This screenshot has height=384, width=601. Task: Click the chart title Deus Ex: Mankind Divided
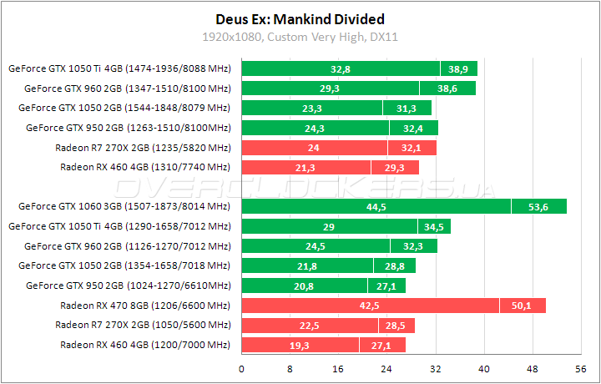pos(300,18)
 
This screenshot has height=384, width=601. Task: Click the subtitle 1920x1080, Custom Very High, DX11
pos(300,36)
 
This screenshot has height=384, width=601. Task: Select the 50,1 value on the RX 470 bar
pos(523,306)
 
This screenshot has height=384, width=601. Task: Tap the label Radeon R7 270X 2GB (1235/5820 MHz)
pos(142,148)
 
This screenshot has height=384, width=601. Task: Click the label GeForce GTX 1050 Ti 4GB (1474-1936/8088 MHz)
pos(119,68)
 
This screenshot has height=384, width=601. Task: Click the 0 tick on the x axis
pos(242,368)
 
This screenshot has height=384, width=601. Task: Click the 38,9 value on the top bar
pos(458,69)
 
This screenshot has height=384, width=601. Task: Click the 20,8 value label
pos(305,286)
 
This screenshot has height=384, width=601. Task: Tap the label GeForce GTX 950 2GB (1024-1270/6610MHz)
pos(128,285)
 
